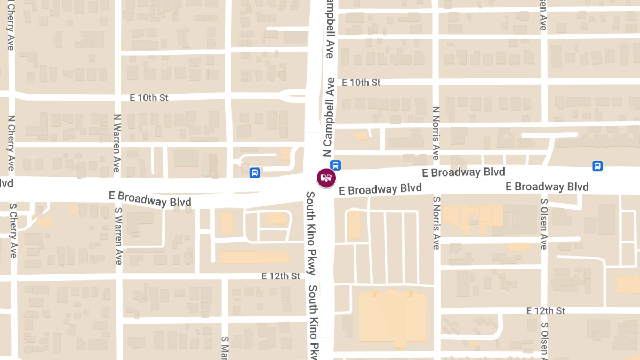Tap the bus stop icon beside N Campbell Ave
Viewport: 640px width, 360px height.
pos(335,165)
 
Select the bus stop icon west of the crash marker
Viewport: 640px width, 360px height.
pos(255,172)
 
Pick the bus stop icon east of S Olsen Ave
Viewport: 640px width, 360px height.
pos(597,166)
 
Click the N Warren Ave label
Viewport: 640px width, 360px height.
pos(117,142)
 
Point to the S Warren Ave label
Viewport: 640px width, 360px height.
pos(118,235)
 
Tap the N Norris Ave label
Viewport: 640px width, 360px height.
pos(436,133)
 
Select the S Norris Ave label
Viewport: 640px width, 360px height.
pos(436,223)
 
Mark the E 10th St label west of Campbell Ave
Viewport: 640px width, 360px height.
pos(149,98)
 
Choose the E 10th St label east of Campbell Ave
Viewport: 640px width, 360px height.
pos(361,83)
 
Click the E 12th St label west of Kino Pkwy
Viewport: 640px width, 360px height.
pos(281,276)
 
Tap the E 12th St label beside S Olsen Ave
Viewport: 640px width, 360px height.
pos(546,310)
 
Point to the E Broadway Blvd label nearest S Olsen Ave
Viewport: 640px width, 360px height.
pos(547,187)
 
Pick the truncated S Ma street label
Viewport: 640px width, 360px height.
pos(225,347)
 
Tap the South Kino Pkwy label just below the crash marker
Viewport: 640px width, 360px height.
pos(311,233)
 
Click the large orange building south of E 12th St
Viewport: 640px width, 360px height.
pos(393,317)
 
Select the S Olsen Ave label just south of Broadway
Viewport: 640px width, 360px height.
pos(544,224)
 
